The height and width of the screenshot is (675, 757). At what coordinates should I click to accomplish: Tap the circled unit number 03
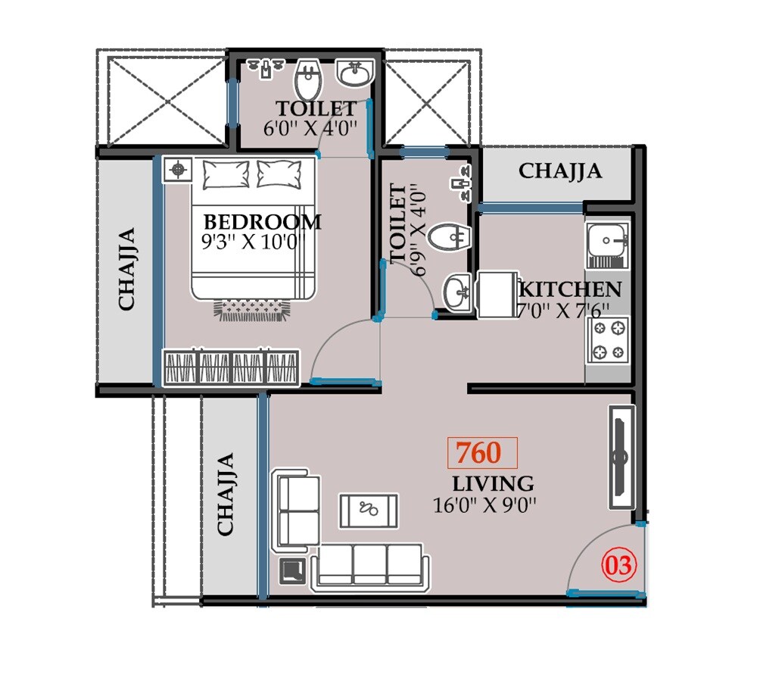[619, 565]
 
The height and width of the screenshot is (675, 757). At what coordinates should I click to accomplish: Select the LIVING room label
[493, 483]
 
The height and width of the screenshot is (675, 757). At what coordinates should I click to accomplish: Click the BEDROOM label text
[263, 222]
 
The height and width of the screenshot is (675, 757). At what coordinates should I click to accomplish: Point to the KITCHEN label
[570, 289]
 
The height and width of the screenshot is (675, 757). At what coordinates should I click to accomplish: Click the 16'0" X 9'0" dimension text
[484, 505]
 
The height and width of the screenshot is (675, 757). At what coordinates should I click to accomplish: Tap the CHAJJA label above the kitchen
[560, 171]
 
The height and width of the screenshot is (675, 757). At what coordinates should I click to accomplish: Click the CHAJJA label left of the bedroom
[126, 268]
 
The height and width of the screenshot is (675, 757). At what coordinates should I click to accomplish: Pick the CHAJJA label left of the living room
[225, 494]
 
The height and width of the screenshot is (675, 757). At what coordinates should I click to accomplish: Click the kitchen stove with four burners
[609, 340]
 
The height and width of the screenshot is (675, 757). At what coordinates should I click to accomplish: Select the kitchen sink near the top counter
[606, 241]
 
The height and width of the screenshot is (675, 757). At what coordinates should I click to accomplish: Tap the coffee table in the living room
[369, 510]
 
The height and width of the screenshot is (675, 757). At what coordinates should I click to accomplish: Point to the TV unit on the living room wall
[621, 457]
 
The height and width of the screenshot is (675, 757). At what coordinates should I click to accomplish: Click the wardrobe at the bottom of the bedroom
[232, 368]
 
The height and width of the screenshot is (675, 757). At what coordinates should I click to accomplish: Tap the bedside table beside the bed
[178, 170]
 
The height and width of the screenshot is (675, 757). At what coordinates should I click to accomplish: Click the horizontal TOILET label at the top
[316, 108]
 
